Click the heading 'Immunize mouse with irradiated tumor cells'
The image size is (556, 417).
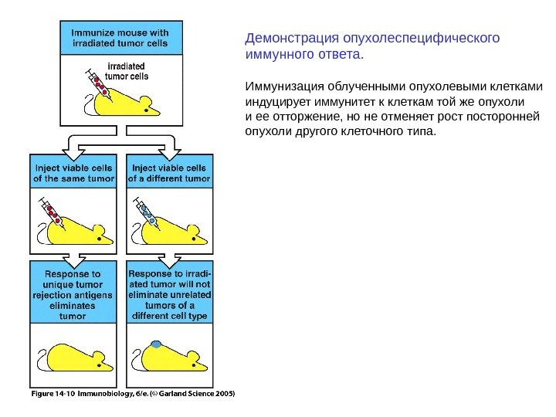121,38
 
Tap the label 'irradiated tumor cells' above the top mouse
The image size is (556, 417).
127,71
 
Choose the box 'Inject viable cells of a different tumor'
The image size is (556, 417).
170,173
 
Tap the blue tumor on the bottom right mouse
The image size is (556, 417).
157,344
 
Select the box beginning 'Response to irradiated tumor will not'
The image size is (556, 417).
170,294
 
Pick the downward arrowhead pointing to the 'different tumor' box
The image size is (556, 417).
170,147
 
